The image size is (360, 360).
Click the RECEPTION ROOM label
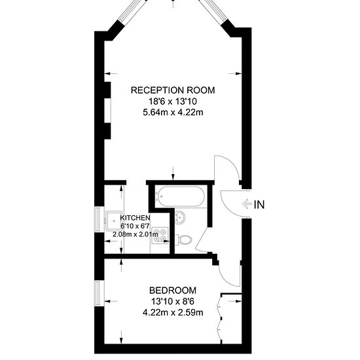[x=173, y=90]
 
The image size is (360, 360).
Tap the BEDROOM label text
[x=173, y=291]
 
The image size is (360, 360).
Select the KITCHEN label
[x=135, y=218]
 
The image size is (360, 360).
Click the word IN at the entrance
[x=259, y=205]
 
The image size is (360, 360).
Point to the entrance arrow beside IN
[x=247, y=204]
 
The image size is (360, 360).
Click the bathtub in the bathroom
[x=179, y=196]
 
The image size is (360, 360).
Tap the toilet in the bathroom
[x=183, y=240]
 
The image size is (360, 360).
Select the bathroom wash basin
[x=180, y=217]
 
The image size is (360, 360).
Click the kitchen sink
[x=114, y=221]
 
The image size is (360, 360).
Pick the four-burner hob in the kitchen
[x=160, y=235]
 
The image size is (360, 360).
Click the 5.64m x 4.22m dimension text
[x=173, y=113]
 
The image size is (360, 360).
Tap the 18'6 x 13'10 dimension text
[x=173, y=101]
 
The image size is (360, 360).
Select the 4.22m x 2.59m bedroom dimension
[x=173, y=312]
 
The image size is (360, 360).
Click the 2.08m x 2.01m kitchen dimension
[x=135, y=234]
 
